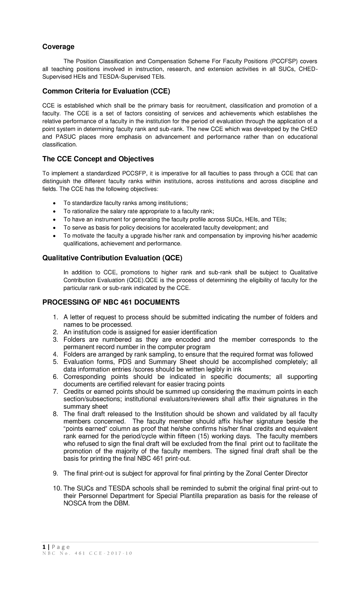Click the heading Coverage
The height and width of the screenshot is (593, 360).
click(x=58, y=47)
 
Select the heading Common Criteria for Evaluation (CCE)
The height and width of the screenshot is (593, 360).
click(x=106, y=91)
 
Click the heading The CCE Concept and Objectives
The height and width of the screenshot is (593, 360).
click(x=98, y=159)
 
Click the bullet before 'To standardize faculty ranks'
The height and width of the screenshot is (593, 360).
click(x=54, y=203)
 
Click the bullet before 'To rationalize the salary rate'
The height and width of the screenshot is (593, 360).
click(x=54, y=211)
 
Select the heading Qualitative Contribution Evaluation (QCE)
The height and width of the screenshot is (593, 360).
click(x=112, y=258)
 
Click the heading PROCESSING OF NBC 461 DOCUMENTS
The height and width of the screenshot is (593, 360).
click(x=111, y=302)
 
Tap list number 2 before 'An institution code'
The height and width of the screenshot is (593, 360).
click(x=55, y=332)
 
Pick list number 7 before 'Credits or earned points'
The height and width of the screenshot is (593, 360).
click(x=55, y=392)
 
